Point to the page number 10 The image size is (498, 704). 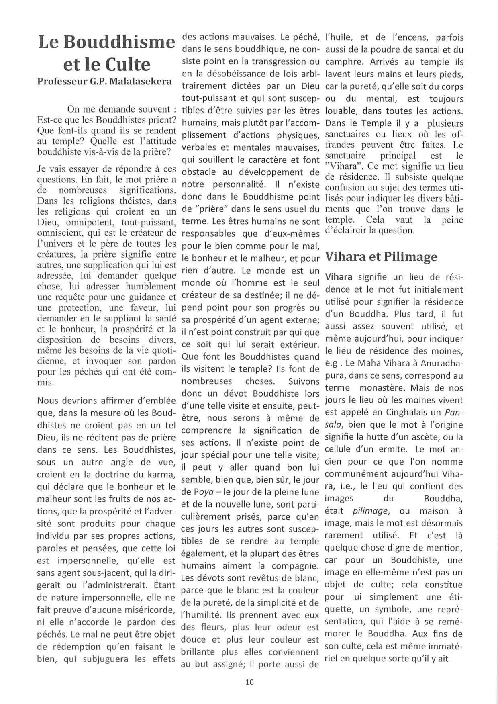tap(249, 681)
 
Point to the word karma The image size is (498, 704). tap(163, 475)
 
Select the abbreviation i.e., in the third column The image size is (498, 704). tap(348, 486)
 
